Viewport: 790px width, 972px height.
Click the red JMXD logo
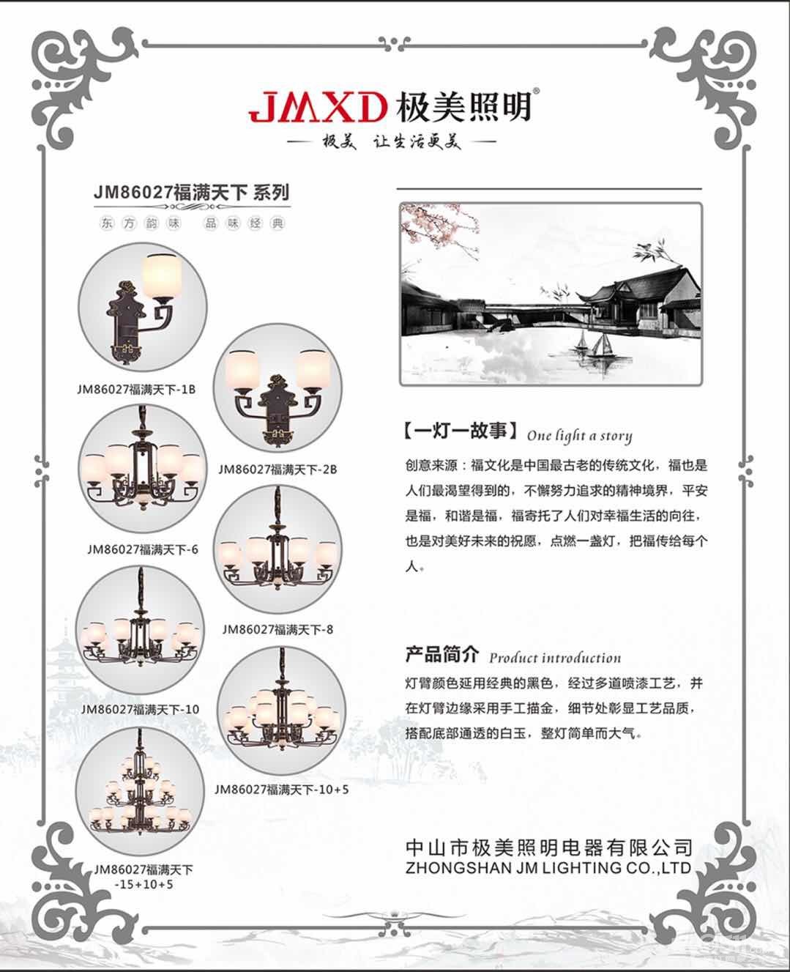coord(316,108)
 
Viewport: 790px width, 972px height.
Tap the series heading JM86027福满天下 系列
coord(192,192)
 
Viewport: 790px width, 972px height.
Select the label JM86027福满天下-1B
coord(136,389)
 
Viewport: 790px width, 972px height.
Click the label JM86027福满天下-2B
coord(277,469)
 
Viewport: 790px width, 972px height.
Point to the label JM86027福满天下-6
coord(143,549)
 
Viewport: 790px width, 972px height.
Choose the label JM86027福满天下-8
coord(277,629)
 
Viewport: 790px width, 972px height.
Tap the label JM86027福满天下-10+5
coord(281,789)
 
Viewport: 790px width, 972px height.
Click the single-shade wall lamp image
coord(142,307)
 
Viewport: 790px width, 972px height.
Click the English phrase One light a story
coord(579,436)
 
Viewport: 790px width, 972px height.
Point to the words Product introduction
coord(555,658)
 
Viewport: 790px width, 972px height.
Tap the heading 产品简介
coord(441,654)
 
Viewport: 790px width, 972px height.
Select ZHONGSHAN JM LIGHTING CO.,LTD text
coord(548,867)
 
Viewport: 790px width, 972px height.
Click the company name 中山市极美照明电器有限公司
coord(549,847)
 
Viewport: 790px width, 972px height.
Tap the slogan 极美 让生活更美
coord(392,141)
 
